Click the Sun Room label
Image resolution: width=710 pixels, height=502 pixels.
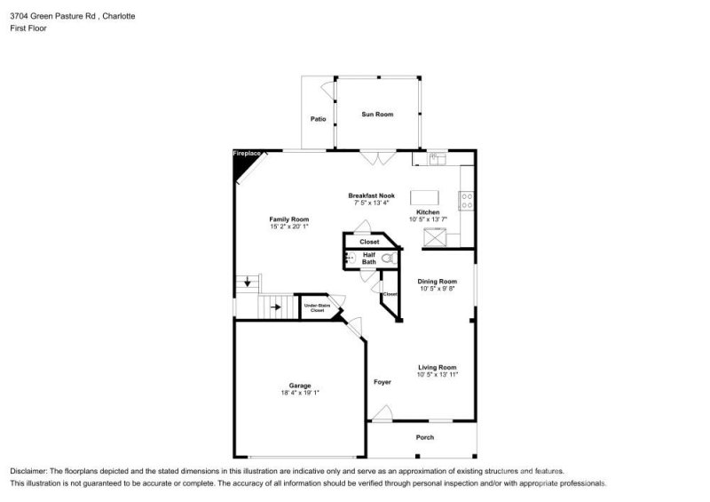(377, 114)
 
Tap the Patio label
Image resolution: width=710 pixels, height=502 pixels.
(318, 119)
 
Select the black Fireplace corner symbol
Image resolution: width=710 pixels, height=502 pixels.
(244, 163)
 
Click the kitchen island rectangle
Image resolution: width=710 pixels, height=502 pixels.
(425, 197)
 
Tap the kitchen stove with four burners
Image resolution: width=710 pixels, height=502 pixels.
(466, 201)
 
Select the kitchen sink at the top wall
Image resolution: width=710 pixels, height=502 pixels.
(436, 159)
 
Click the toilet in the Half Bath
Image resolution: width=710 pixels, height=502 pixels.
(388, 258)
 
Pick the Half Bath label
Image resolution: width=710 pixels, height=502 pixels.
(369, 258)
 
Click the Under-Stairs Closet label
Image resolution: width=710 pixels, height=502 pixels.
(318, 308)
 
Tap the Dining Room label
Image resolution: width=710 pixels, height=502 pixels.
(438, 280)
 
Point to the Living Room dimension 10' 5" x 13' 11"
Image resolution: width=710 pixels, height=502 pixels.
(438, 375)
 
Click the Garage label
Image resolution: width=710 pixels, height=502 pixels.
(300, 385)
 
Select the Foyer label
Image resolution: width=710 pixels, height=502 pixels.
(382, 382)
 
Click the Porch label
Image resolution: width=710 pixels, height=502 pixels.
(426, 438)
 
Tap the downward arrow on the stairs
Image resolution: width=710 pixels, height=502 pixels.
(247, 284)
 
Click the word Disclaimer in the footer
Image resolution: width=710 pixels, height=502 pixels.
(31, 471)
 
